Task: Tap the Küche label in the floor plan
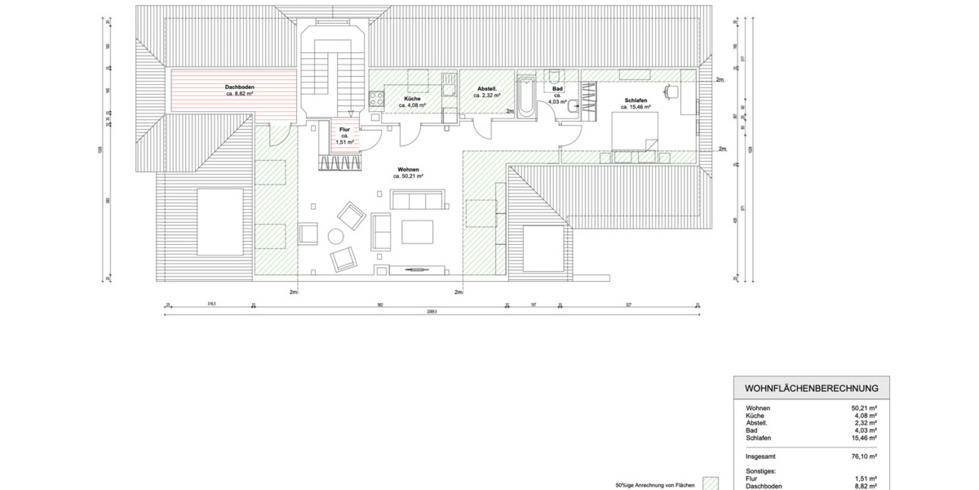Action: coord(412,99)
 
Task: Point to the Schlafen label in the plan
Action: coord(636,100)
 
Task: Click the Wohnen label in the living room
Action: coord(408,169)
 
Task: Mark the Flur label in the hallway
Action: coord(344,129)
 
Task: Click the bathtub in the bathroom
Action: coord(526,96)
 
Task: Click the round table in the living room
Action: coord(335,238)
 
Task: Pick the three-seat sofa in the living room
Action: coord(417,199)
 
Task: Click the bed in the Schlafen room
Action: coord(635,131)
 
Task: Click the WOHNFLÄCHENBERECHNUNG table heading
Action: coord(811,388)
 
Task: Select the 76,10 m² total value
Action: coord(864,457)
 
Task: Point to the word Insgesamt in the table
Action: coord(760,457)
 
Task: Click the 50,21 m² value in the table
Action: coord(864,408)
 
